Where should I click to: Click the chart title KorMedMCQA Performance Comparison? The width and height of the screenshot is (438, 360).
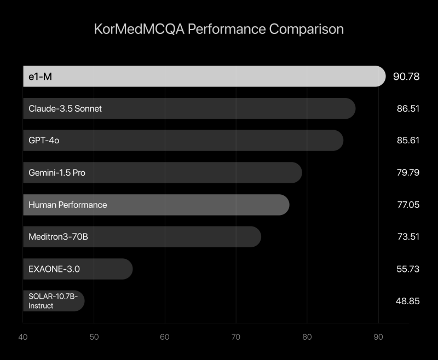(219, 29)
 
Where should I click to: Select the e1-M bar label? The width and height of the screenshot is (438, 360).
(41, 77)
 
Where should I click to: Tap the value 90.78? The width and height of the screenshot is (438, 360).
(406, 77)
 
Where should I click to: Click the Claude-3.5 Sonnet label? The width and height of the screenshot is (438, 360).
(65, 108)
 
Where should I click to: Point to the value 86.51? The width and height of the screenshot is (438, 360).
(408, 108)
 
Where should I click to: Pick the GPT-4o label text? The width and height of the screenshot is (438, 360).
(44, 141)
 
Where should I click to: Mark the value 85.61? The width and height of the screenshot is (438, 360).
(408, 141)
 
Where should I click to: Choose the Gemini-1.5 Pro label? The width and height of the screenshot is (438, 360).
(57, 173)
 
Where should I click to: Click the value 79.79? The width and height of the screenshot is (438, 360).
(408, 173)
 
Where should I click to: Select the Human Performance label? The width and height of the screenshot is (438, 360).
(68, 205)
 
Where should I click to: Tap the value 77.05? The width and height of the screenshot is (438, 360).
(408, 205)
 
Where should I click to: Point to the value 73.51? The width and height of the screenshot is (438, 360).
(408, 237)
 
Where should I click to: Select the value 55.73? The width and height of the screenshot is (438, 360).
(408, 269)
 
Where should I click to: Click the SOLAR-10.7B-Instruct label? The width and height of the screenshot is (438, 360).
(53, 301)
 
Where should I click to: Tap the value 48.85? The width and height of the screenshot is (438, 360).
(408, 301)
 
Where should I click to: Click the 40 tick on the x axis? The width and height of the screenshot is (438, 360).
(23, 337)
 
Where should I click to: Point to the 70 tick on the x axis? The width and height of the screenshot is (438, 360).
(236, 337)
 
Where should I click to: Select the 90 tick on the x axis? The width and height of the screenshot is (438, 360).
(378, 337)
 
